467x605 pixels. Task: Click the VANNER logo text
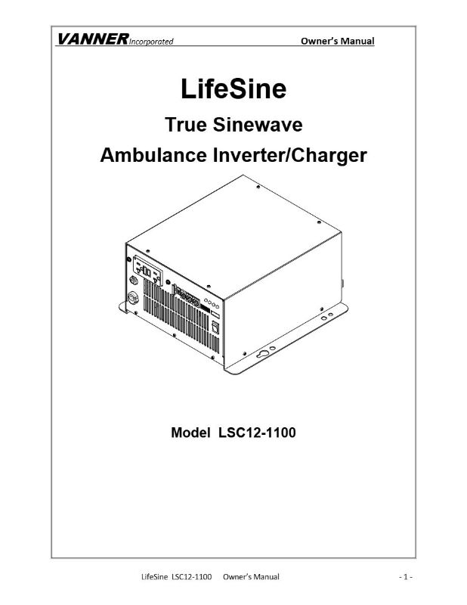[92, 39]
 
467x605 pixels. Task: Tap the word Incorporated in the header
[151, 42]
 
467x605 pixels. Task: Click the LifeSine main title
[233, 88]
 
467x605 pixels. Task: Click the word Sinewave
[258, 125]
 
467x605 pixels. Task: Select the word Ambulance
[153, 155]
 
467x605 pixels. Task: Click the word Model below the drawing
[190, 433]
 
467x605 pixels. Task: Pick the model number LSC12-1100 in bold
[257, 433]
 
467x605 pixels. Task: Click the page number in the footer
[406, 577]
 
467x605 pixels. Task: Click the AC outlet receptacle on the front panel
[147, 271]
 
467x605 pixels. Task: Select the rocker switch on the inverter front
[215, 327]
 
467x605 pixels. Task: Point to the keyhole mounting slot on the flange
[264, 353]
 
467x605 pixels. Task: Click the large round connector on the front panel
[133, 297]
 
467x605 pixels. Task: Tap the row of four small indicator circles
[212, 304]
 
